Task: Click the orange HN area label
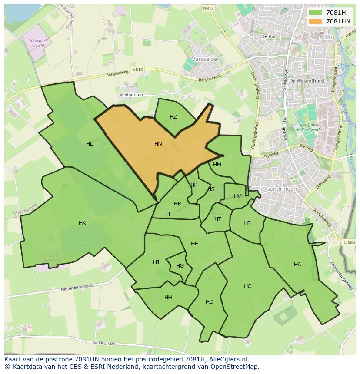pos(158,143)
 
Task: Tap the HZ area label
pos(173,117)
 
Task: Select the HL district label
pos(89,144)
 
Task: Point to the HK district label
pos(82,223)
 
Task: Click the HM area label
pos(217,165)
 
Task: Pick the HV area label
pos(237,196)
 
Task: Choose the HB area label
pos(247,223)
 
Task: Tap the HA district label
pos(297,264)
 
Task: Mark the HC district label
pos(247,286)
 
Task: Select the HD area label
pos(210,302)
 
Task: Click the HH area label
pos(168,298)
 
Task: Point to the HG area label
pos(180,266)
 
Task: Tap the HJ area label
pos(156,262)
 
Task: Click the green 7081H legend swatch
pos(315,13)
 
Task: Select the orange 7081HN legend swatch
pos(315,21)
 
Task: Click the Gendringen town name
pos(281,189)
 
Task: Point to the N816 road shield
pos(137,70)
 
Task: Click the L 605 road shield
pos(349,242)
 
